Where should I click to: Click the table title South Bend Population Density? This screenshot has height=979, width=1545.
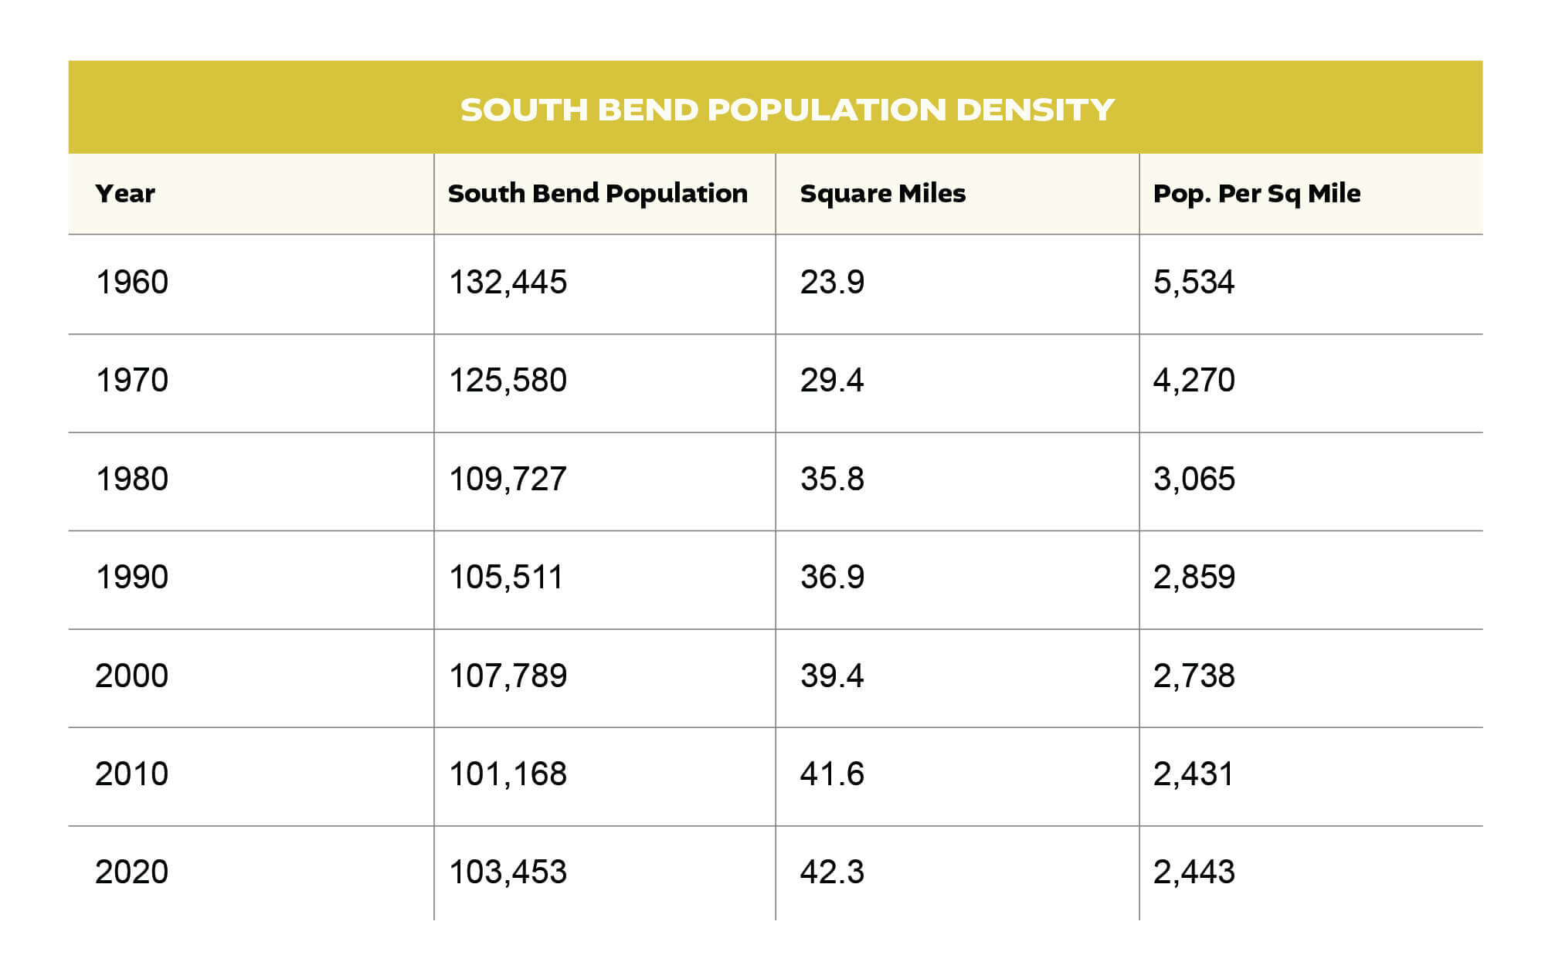(x=786, y=110)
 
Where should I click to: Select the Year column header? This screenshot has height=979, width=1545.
(x=125, y=193)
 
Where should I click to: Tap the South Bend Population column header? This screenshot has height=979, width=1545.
(x=597, y=194)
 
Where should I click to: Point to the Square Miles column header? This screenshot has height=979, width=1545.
(x=882, y=194)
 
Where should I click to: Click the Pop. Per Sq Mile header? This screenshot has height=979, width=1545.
(x=1256, y=194)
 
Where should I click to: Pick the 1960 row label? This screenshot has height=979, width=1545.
(x=131, y=283)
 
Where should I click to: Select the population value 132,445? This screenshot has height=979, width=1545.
(x=508, y=283)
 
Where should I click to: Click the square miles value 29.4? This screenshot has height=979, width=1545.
(x=831, y=381)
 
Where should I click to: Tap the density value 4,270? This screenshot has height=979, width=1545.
(x=1194, y=381)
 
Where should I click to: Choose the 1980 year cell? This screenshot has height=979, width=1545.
(x=131, y=479)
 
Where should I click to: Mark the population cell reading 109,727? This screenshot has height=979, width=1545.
(x=508, y=479)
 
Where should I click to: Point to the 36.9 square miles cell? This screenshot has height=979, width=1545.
(x=832, y=578)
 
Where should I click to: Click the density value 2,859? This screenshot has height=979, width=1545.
(x=1194, y=578)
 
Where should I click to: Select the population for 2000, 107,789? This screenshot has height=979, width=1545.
(x=508, y=676)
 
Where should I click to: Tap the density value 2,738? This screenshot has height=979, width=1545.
(x=1194, y=676)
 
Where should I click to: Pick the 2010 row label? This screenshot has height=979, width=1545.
(x=131, y=774)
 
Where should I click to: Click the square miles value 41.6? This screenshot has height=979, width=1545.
(x=832, y=774)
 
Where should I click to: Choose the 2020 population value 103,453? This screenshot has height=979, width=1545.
(x=508, y=872)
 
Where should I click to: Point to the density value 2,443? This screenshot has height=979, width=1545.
(x=1194, y=872)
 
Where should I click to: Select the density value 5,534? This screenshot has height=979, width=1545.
(x=1194, y=283)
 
